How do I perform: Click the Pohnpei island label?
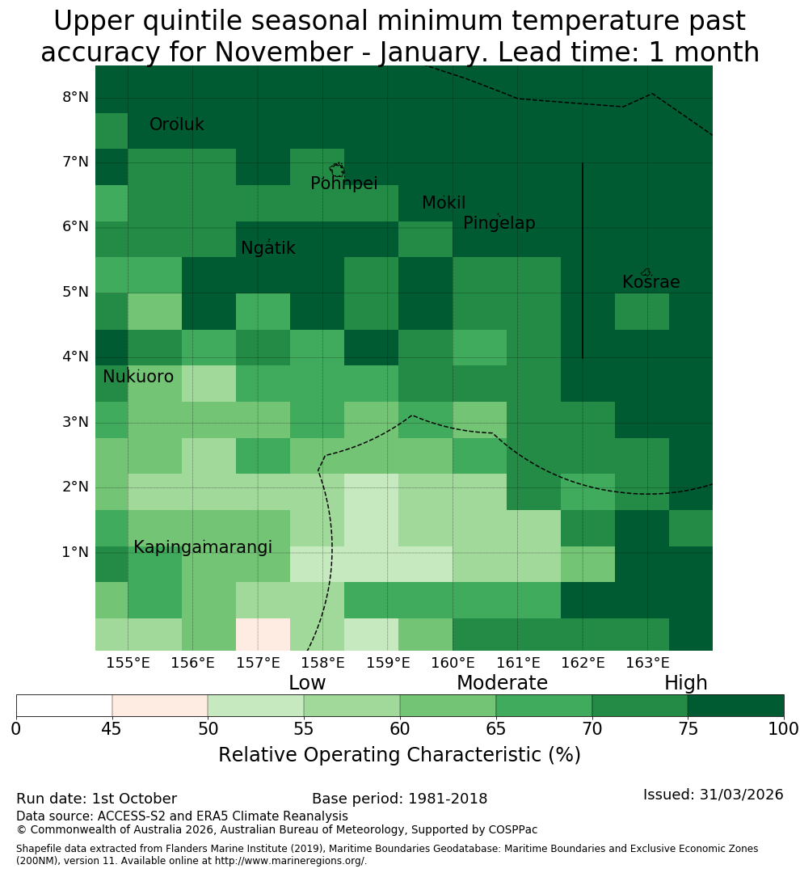[343, 183]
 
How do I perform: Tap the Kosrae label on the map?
[651, 282]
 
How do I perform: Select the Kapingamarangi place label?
[203, 547]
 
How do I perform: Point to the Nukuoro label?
[138, 377]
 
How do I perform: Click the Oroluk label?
[176, 124]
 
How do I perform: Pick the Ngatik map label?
[267, 248]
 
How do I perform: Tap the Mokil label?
[443, 203]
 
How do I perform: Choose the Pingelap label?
[499, 223]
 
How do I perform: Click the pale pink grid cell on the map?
[263, 635]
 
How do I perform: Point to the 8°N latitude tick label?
[75, 98]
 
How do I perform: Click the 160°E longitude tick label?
[453, 663]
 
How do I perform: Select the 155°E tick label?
[128, 663]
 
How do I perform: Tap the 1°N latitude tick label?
[75, 552]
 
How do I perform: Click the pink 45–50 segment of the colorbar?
[160, 706]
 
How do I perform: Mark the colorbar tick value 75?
[688, 729]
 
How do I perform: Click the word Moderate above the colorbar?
[502, 682]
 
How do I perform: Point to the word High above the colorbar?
[685, 682]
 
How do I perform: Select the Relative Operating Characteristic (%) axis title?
[399, 755]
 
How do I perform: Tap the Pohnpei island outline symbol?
[337, 169]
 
